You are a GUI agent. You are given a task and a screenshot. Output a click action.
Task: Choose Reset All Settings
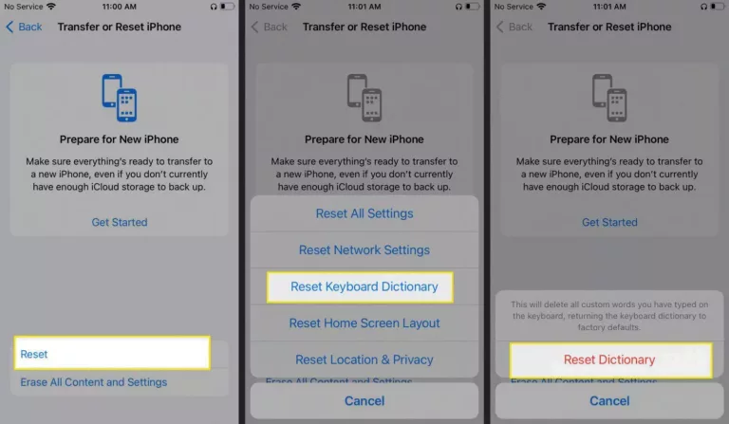tap(364, 213)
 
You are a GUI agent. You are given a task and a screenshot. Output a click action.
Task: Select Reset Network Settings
tap(364, 250)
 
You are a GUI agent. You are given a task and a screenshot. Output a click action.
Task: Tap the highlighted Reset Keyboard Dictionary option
tap(364, 286)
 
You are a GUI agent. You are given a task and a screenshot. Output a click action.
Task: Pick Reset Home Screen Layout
tap(364, 323)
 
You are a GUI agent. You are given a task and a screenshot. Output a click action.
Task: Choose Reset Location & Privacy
tap(364, 359)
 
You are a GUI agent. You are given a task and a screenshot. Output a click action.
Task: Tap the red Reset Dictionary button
tap(609, 359)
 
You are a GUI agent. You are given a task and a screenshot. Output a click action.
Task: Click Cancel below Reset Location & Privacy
tap(364, 401)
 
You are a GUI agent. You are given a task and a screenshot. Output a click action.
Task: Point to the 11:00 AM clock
tap(119, 7)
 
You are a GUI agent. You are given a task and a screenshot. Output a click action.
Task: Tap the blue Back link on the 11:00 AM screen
tap(25, 27)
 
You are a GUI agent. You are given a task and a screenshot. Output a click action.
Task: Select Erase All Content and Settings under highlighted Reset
tap(94, 382)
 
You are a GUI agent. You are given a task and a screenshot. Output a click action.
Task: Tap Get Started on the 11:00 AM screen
tap(119, 222)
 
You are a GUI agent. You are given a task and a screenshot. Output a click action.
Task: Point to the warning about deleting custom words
tap(609, 315)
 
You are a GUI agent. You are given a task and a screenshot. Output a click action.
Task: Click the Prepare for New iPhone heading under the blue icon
tap(119, 139)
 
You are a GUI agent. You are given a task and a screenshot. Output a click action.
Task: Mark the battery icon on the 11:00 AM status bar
tap(226, 7)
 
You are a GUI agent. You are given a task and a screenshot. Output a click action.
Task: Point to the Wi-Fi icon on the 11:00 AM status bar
tap(52, 7)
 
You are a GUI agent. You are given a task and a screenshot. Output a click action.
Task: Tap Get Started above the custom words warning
tap(609, 222)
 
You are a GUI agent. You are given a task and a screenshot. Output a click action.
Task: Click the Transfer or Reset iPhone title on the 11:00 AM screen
tap(119, 27)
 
